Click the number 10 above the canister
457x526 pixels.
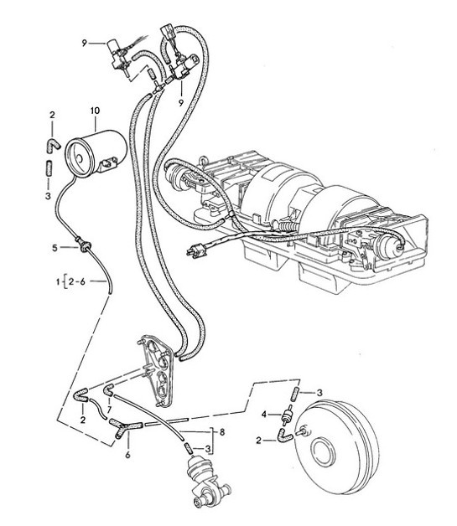click(94, 111)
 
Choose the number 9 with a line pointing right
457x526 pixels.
click(85, 42)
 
